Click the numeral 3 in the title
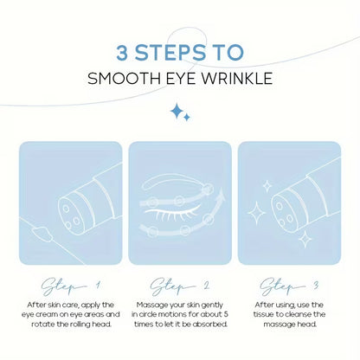[x=122, y=52]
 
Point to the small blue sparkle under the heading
[x=187, y=118]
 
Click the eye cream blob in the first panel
[x=42, y=233]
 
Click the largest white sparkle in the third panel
[x=256, y=213]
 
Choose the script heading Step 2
[x=179, y=286]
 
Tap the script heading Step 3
[x=289, y=286]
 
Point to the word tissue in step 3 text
[x=264, y=314]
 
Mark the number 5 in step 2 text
[x=226, y=314]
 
